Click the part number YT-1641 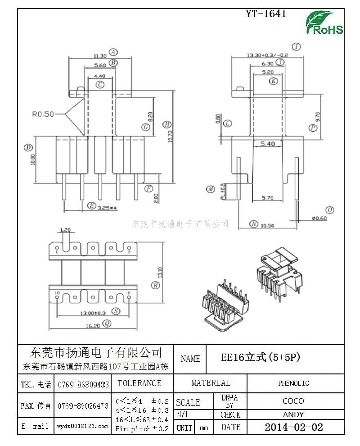pos(266,14)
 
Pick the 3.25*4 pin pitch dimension pos(107,208)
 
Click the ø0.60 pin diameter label pos(319,218)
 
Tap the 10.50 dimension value pos(268,225)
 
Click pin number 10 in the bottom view pos(57,293)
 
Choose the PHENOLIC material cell pos(293,383)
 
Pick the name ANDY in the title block pos(293,414)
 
